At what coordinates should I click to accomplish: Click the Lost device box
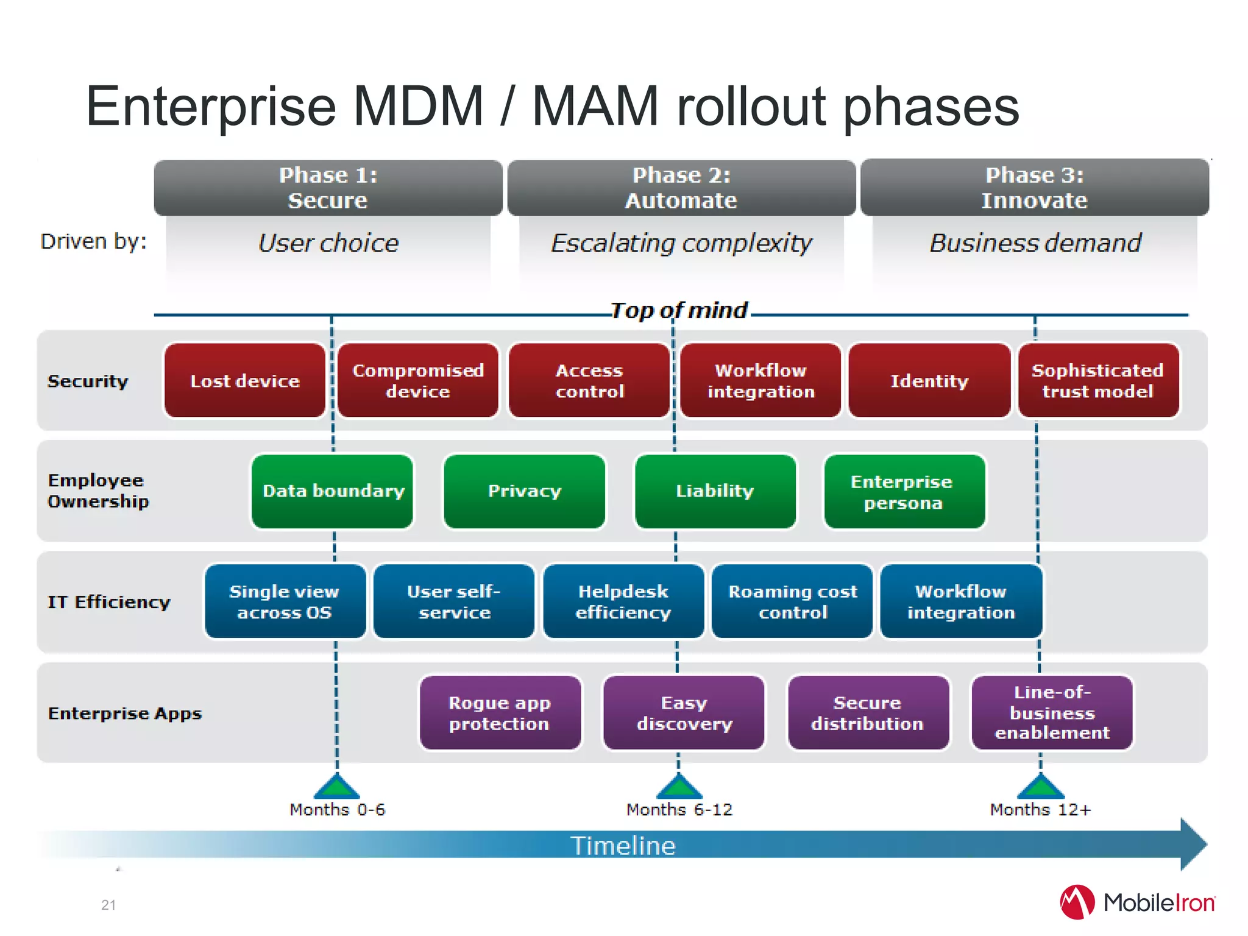(x=244, y=381)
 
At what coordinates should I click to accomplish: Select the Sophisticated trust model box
(x=1098, y=381)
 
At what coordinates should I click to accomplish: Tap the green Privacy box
(x=524, y=491)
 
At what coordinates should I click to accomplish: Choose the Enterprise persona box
(x=904, y=491)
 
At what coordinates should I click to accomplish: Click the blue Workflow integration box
(x=961, y=601)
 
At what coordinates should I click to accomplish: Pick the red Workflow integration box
(x=760, y=381)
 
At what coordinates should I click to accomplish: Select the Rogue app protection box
(x=500, y=712)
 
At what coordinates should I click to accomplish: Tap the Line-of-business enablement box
(x=1052, y=712)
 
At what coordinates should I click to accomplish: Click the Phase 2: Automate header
(x=681, y=188)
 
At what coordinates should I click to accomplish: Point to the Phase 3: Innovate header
(x=1034, y=188)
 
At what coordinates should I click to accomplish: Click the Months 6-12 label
(x=679, y=810)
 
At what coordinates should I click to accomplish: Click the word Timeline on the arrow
(x=623, y=846)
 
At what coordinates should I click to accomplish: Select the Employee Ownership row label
(x=97, y=491)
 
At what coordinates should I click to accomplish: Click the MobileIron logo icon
(x=1077, y=902)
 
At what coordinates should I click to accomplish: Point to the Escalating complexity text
(x=681, y=243)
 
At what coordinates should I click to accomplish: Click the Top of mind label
(x=679, y=311)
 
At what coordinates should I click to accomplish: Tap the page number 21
(x=108, y=905)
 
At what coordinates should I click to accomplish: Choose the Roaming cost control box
(x=792, y=601)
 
